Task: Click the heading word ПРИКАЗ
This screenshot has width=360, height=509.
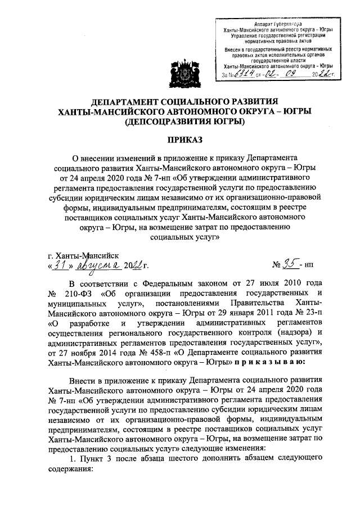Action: pyautogui.click(x=180, y=139)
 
